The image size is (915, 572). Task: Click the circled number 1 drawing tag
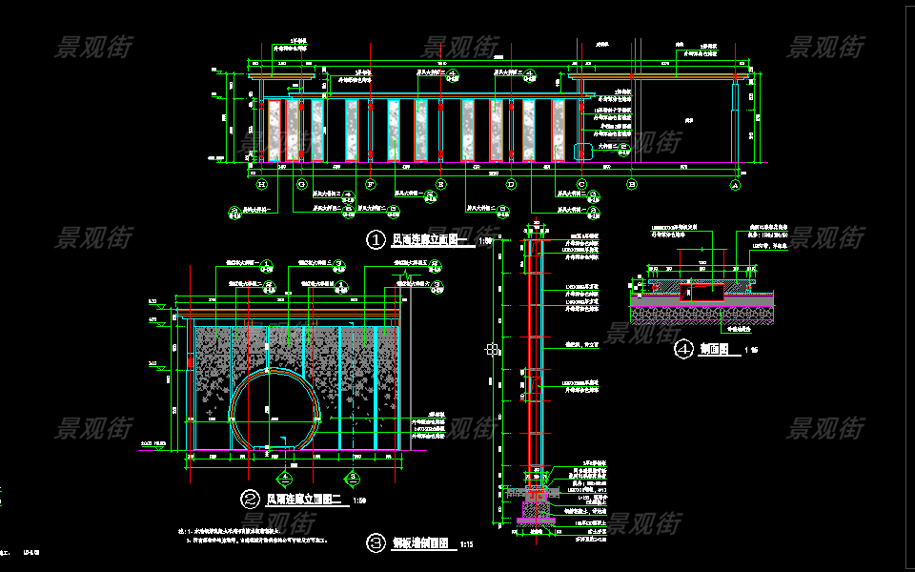[376, 240]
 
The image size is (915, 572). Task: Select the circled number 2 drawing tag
[250, 499]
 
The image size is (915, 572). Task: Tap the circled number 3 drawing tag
[376, 543]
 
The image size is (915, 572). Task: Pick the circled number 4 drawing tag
[682, 350]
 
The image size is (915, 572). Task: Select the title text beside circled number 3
[420, 543]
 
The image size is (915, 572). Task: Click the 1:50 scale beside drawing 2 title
[359, 500]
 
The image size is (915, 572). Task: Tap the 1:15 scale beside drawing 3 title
[467, 544]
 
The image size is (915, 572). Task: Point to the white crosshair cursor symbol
[492, 350]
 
